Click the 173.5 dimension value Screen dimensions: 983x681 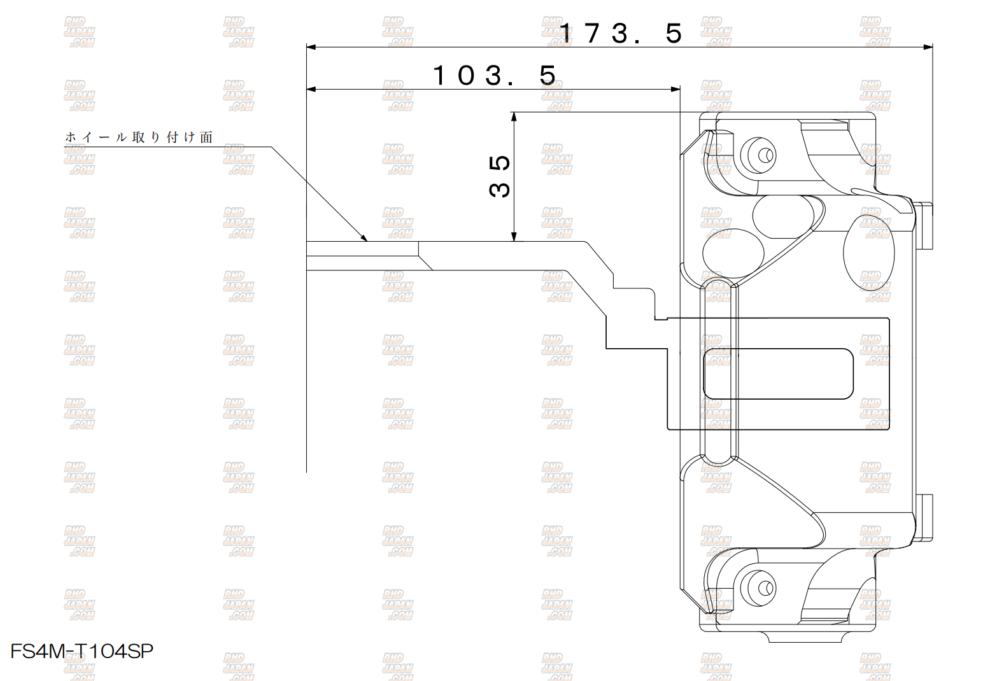pos(621,33)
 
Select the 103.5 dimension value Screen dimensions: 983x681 pos(495,75)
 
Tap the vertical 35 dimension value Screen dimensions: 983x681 pos(499,176)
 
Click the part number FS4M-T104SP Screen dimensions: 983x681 pos(82,651)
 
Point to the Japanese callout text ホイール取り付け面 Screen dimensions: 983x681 pos(139,137)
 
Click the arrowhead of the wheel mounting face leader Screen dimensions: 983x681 pos(364,238)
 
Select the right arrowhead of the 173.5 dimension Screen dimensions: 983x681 pos(928,47)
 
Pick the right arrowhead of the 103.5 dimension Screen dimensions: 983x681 pos(675,90)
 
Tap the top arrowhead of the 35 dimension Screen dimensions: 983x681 pos(514,116)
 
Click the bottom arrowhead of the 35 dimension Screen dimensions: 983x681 pos(514,236)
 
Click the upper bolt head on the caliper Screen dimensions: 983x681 pos(758,155)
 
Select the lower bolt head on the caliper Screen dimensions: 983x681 pos(758,588)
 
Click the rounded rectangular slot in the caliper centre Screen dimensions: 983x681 pos(778,374)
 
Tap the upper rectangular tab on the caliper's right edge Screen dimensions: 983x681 pos(924,226)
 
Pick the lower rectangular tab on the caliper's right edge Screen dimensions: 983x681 pos(924,518)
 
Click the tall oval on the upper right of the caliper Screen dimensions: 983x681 pos(869,253)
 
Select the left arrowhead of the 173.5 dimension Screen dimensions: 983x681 pos(311,47)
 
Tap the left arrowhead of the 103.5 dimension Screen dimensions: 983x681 pos(311,90)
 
